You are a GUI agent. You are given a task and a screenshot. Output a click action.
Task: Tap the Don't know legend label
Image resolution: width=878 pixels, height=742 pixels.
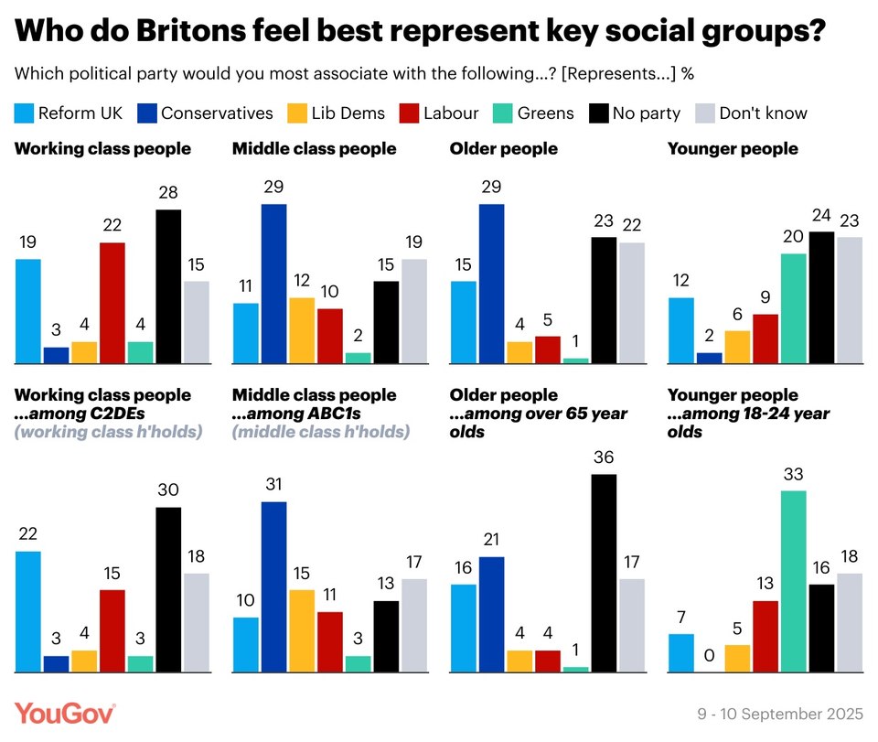point(763,113)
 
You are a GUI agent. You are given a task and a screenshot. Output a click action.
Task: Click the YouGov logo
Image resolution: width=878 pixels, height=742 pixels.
point(64,714)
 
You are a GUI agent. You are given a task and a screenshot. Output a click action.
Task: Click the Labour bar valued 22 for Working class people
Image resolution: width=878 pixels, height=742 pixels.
point(112,303)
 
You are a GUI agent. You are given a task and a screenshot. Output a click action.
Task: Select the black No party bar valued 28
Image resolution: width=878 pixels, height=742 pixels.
point(168,286)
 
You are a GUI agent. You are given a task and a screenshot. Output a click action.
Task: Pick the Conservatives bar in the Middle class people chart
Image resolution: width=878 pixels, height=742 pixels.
point(273,284)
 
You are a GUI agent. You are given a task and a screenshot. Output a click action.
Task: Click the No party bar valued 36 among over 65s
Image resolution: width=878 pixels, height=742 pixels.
point(604,573)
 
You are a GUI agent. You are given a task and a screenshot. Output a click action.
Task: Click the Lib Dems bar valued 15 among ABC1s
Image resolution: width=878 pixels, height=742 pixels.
point(302,631)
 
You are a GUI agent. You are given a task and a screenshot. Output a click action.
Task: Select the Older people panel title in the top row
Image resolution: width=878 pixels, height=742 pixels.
point(503,148)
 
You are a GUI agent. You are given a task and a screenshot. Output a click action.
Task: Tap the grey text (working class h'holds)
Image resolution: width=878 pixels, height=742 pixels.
point(109,431)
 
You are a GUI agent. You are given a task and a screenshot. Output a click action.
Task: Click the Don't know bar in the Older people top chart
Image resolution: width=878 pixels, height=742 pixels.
point(632,303)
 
